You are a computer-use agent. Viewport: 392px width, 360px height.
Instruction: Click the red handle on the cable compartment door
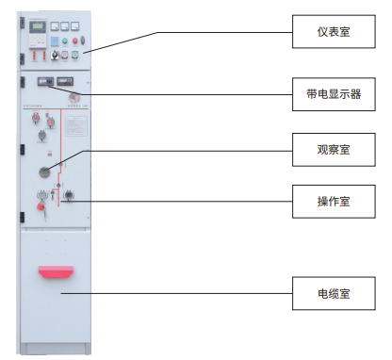point(55,271)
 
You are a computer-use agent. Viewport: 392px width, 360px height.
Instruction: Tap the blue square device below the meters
point(54,41)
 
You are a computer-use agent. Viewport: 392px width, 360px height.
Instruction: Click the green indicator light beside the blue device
point(66,41)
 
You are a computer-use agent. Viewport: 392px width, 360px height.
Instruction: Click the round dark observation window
point(44,171)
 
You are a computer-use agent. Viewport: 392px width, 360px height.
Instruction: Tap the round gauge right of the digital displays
point(73,97)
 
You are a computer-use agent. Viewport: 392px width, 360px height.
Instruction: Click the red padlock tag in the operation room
point(41,204)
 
